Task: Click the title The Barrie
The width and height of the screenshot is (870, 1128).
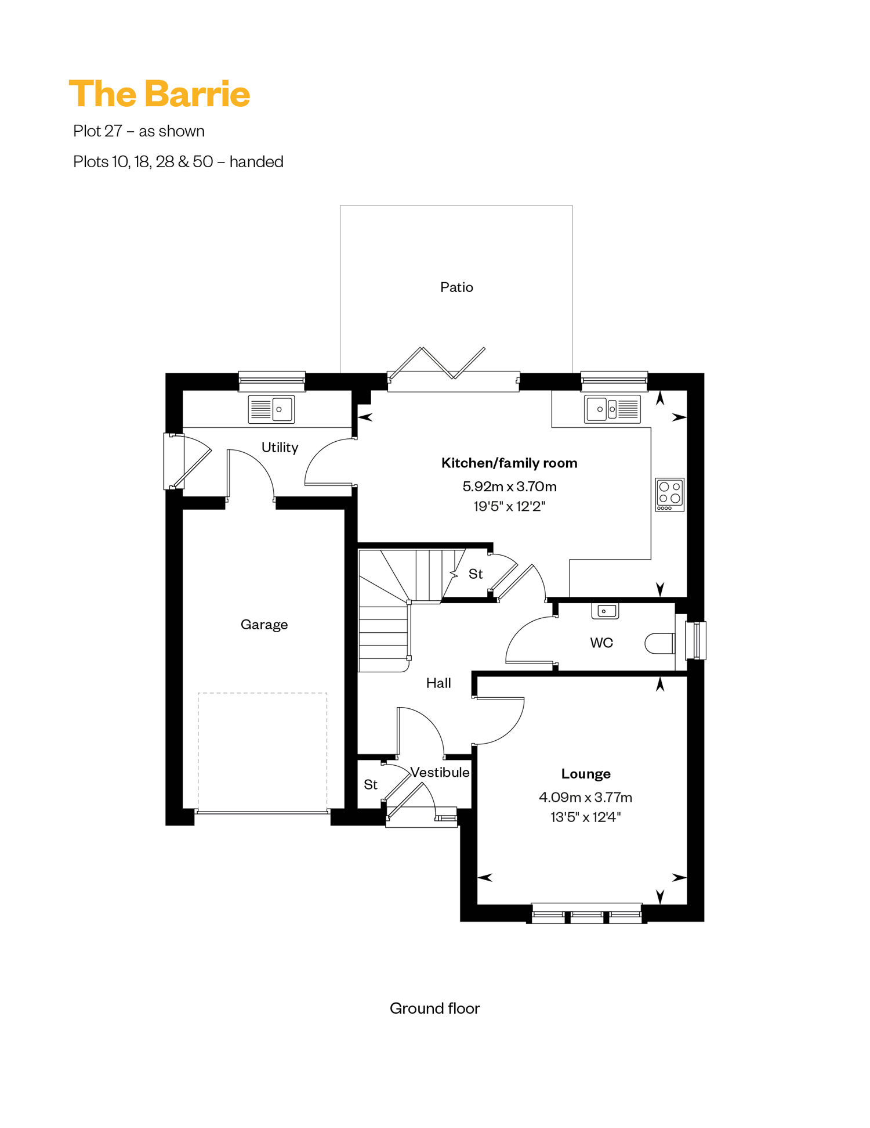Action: (159, 94)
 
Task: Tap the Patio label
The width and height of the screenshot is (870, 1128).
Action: (456, 287)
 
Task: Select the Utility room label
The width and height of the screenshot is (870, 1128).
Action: (280, 448)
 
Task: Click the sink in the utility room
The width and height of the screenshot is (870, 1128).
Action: (271, 409)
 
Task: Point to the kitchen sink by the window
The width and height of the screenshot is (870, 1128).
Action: (612, 409)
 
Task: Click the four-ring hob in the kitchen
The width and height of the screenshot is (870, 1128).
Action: (670, 495)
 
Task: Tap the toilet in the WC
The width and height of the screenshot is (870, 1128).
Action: (660, 643)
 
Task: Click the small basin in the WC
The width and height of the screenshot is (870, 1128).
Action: (605, 611)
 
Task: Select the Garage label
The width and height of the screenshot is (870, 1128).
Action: (264, 625)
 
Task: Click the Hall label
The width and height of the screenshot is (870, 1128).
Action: (438, 683)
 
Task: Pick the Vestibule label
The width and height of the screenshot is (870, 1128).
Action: (440, 772)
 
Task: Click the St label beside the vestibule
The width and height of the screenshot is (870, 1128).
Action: (371, 785)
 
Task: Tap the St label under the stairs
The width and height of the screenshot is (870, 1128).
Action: (476, 574)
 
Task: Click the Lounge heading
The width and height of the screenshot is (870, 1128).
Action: (586, 774)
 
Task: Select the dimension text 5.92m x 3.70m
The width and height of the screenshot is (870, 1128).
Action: (509, 486)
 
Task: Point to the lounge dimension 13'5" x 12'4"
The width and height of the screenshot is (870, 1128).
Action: (586, 817)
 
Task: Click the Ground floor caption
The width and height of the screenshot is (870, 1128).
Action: (435, 1008)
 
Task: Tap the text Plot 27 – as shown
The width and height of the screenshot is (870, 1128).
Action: (139, 131)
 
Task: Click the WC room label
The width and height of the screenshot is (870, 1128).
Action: (601, 643)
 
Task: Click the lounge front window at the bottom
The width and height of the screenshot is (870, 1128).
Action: (587, 913)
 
